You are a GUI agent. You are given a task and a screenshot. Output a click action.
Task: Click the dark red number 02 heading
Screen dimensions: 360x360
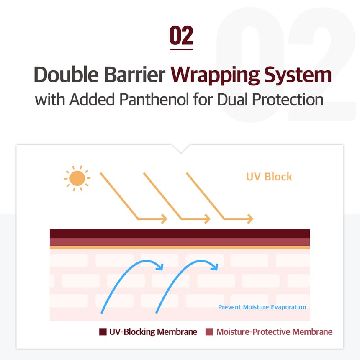click(181, 35)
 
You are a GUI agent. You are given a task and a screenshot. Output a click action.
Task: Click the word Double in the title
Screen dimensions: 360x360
click(66, 75)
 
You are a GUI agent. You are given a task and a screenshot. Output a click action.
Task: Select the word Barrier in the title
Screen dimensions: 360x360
click(135, 75)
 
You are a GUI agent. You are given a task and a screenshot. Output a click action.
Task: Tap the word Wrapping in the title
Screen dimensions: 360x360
click(215, 75)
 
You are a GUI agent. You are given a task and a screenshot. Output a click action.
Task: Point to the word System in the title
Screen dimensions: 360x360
click(298, 75)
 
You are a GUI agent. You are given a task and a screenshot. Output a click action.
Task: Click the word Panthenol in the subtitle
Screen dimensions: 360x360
click(154, 100)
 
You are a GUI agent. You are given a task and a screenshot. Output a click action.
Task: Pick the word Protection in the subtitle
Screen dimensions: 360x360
click(288, 100)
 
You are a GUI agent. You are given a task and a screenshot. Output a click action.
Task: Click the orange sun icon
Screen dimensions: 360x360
click(77, 178)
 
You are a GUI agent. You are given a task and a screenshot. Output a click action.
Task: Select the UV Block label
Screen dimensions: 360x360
click(269, 177)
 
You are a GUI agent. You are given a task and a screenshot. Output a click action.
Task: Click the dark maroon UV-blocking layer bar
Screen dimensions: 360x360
click(180, 234)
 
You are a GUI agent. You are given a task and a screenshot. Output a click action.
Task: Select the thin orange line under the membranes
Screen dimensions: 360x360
click(180, 247)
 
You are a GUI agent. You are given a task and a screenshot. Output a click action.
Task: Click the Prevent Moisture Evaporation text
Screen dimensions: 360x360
click(262, 307)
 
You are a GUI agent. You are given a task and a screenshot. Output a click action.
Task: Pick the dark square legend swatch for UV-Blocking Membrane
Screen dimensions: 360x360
click(103, 332)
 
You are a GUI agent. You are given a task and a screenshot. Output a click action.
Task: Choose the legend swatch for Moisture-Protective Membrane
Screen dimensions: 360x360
click(209, 332)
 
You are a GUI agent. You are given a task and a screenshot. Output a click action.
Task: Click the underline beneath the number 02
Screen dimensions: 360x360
click(181, 49)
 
